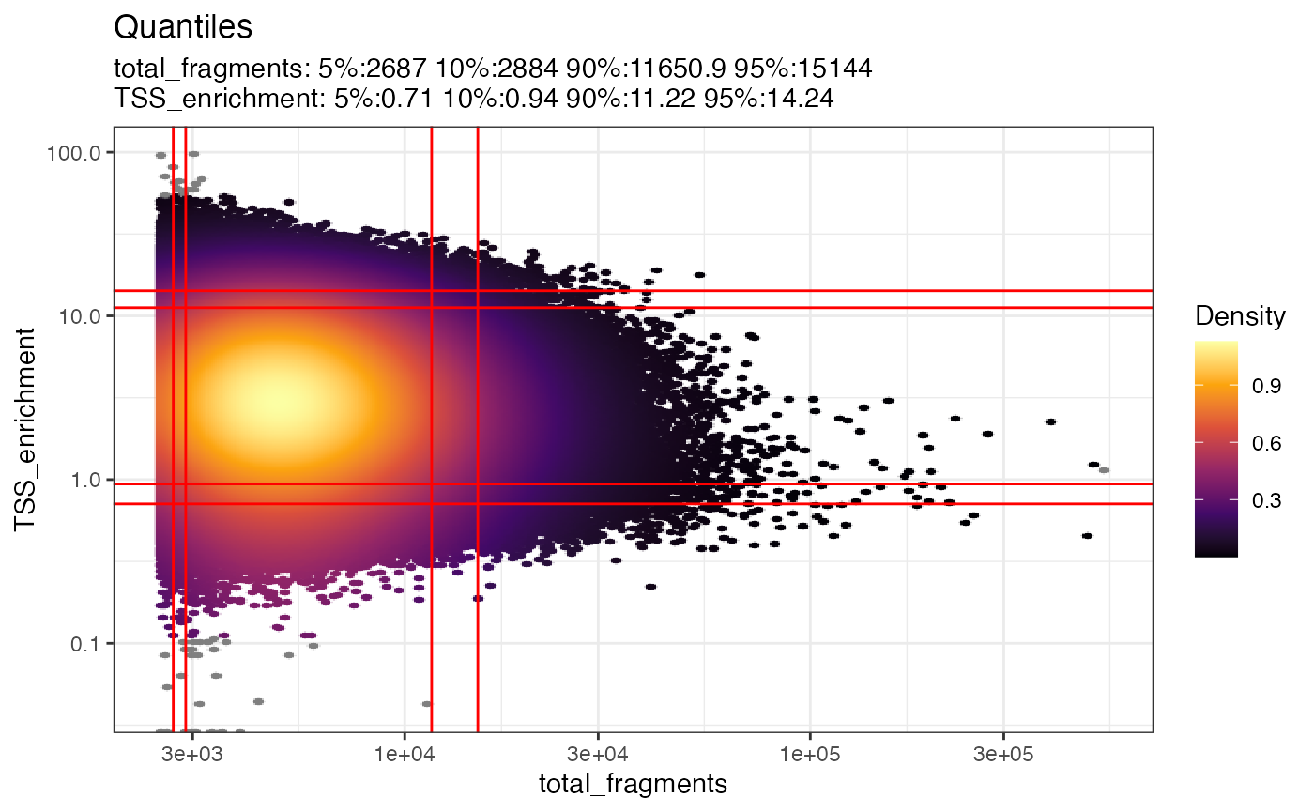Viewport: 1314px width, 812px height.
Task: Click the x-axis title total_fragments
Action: coord(634,784)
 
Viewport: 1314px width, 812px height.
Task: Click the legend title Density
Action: coord(1240,317)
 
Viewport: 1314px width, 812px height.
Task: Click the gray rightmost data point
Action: coord(1105,470)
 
